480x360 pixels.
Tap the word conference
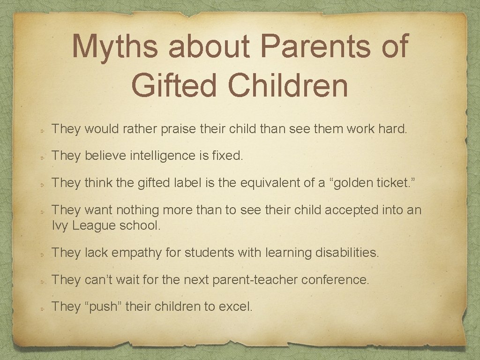[x=335, y=280]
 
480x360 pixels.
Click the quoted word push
[x=104, y=307]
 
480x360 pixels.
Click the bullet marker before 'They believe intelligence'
[x=42, y=157]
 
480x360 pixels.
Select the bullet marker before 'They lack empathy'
[x=42, y=254]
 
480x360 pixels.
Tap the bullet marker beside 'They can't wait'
[x=42, y=281]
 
